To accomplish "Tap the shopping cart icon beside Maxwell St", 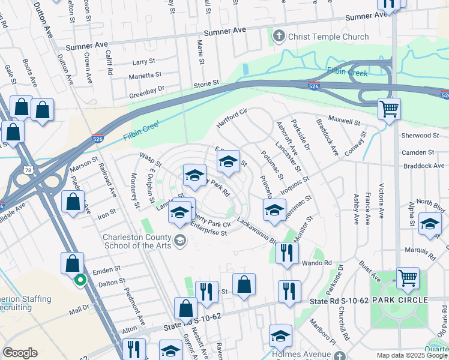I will [389, 109].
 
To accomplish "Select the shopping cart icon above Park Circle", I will [408, 278].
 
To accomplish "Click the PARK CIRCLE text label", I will [399, 299].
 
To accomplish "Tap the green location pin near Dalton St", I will [79, 279].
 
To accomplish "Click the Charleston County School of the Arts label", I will [137, 241].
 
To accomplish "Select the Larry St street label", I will [143, 62].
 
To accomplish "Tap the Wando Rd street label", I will [319, 263].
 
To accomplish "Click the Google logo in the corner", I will [20, 352].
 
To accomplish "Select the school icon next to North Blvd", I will [430, 224].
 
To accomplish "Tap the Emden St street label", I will [108, 268].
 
